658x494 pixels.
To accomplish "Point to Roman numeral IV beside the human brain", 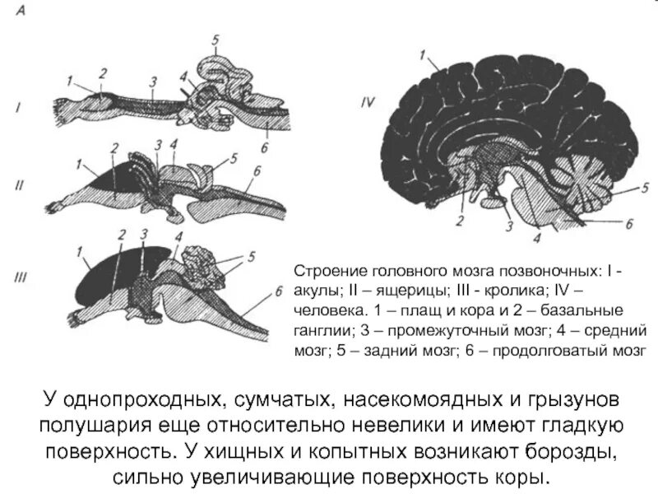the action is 368,105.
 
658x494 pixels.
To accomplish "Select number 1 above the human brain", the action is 422,56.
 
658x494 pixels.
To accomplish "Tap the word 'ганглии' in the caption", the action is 320,331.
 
